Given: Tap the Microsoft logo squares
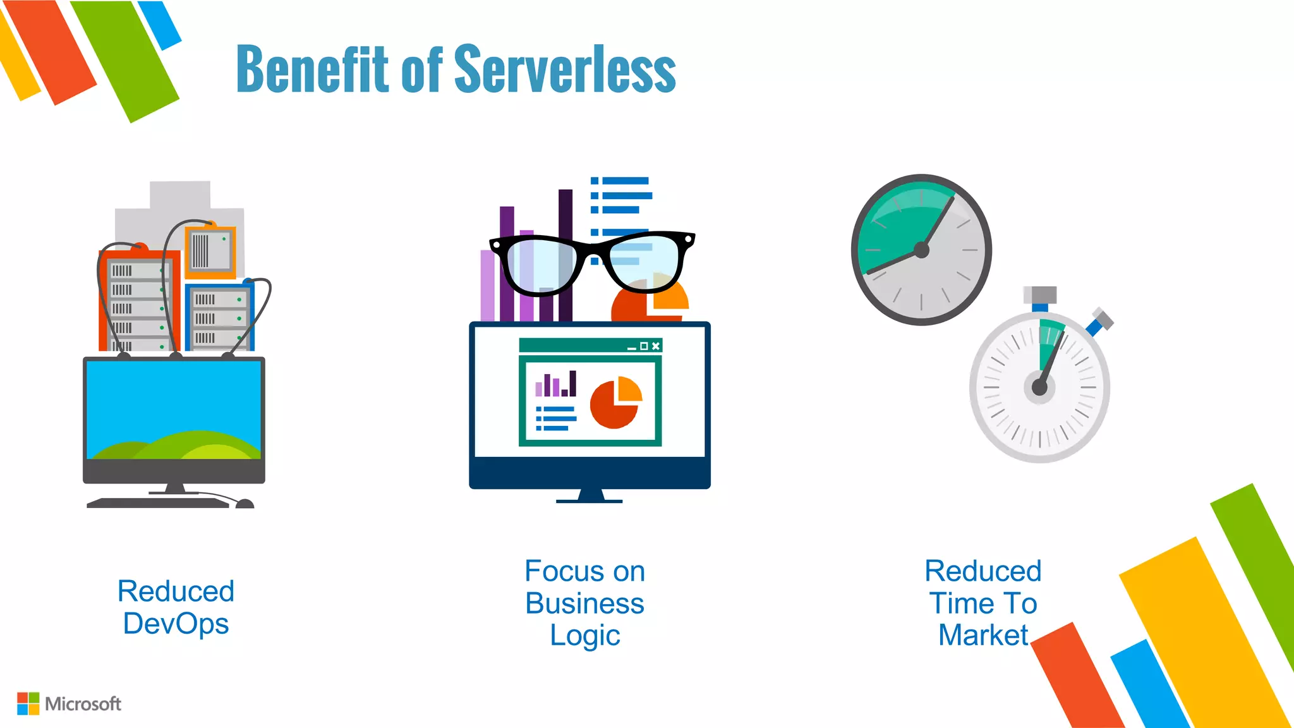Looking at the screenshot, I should pyautogui.click(x=28, y=703).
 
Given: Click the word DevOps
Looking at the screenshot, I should pyautogui.click(x=176, y=624).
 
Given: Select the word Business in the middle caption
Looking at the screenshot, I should pyautogui.click(x=584, y=604).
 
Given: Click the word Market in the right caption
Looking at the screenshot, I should pyautogui.click(x=983, y=635).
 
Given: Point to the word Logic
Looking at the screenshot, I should pyautogui.click(x=584, y=635).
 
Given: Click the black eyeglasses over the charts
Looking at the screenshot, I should pyautogui.click(x=592, y=262).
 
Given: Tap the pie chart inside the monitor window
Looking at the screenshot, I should pyautogui.click(x=615, y=403).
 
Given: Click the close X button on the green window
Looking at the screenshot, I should pyautogui.click(x=656, y=346).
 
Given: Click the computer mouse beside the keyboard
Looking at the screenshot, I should pyautogui.click(x=245, y=504).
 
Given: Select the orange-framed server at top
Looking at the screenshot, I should pyautogui.click(x=210, y=252).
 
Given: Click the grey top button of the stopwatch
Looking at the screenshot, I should pyautogui.click(x=1040, y=294).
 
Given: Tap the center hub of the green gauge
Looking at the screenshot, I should pyautogui.click(x=921, y=250).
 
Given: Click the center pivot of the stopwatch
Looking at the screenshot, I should pyautogui.click(x=1039, y=387).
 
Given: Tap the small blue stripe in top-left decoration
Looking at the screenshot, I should pyautogui.click(x=159, y=24).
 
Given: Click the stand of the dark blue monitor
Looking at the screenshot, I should pyautogui.click(x=590, y=495).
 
